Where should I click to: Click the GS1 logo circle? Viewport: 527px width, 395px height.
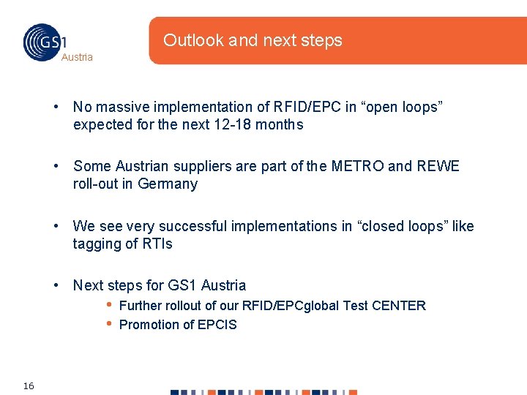pos(42,42)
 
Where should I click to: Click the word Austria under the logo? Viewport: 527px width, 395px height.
pos(77,57)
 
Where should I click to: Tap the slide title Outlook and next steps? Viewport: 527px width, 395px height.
pos(253,40)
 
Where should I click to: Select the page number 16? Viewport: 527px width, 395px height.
pos(29,385)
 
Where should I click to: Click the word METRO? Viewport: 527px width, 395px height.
pos(356,166)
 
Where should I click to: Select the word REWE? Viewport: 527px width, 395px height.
pos(438,166)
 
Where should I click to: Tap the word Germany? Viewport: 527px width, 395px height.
pos(168,184)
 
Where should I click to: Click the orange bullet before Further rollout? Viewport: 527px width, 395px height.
pos(108,305)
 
